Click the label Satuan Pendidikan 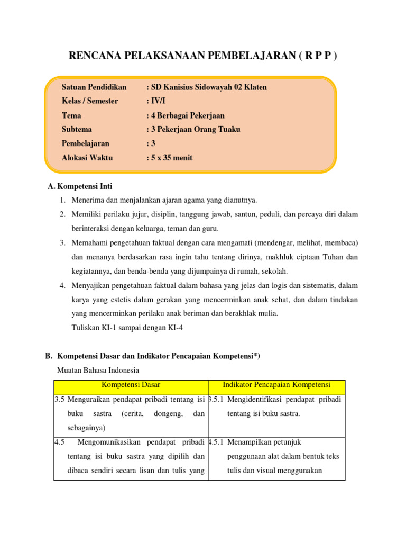(94, 87)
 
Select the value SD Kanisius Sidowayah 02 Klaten (207, 87)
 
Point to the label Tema (71, 115)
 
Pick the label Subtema (77, 129)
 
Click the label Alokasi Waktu (87, 158)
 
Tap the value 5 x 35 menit (170, 158)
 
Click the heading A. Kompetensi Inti (80, 186)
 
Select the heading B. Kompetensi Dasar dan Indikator (159, 356)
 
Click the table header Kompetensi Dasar (131, 385)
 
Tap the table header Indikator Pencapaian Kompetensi (276, 385)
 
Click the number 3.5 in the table (59, 400)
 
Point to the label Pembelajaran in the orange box (86, 143)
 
